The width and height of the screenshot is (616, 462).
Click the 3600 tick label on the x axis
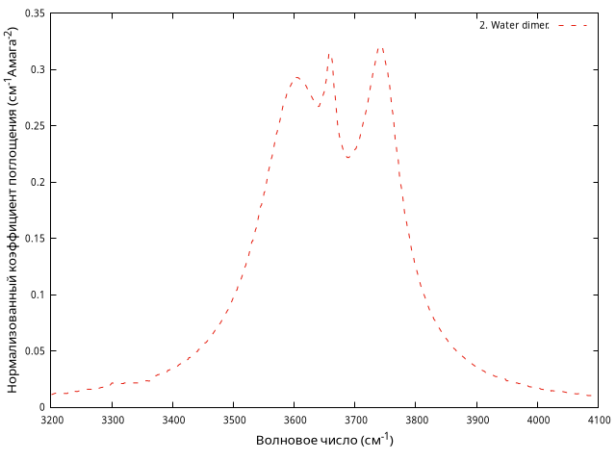point(295,421)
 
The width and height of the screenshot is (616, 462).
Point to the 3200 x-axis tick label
point(52,421)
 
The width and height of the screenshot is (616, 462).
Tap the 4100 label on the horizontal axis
point(599,421)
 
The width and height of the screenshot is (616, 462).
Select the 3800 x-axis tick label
point(417,421)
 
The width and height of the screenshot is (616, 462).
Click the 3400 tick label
point(173,421)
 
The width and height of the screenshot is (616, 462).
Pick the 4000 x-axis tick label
point(538,421)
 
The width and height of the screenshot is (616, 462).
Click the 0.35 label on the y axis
point(35,13)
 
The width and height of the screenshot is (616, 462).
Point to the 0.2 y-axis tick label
point(38,182)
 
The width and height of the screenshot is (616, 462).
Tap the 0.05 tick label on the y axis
point(35,350)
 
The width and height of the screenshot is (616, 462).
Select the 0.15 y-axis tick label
point(35,239)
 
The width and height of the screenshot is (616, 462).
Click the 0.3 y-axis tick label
point(38,69)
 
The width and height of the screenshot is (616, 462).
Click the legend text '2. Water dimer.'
point(514,25)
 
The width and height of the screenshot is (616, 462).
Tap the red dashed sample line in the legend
point(573,26)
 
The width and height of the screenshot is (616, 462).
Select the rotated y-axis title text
point(13,209)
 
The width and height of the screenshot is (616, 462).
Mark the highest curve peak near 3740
point(380,48)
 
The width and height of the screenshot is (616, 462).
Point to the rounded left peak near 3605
point(297,78)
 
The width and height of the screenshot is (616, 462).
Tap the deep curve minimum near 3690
point(348,157)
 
